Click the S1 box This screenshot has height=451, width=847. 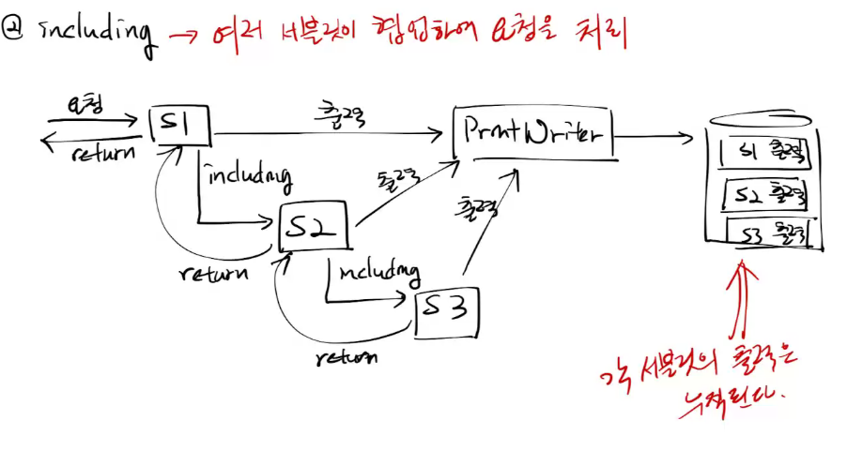(x=180, y=127)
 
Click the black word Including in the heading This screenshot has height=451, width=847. (x=95, y=32)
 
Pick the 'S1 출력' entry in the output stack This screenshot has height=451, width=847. (x=763, y=153)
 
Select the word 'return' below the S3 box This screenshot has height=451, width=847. (x=346, y=356)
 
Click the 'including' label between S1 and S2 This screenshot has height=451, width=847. (x=247, y=174)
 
